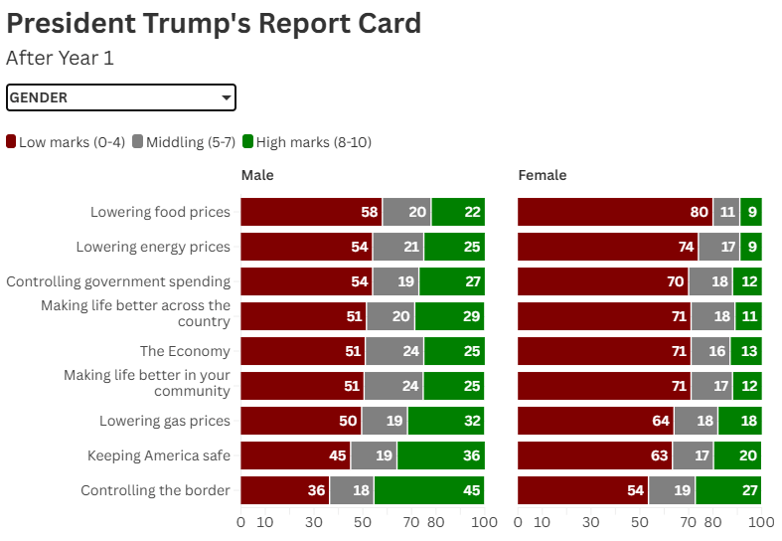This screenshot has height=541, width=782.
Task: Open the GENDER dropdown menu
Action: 120,97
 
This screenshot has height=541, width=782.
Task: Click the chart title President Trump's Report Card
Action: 214,23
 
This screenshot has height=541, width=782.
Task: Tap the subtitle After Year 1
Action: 60,58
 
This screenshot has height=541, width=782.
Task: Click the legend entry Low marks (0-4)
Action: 65,142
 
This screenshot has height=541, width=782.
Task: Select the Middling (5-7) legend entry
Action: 184,142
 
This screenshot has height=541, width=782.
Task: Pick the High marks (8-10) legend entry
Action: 307,142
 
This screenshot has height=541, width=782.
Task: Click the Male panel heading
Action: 257,175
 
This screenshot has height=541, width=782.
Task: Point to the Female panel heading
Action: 543,175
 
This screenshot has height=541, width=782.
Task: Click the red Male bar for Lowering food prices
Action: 311,212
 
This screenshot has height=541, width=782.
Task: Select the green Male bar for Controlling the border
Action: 429,490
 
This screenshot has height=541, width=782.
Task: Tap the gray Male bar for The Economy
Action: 394,351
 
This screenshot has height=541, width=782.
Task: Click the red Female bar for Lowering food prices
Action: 615,212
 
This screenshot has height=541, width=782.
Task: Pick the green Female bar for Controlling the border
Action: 728,490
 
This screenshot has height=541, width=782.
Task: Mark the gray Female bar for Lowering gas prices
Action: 696,421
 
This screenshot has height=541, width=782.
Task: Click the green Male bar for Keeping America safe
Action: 440,455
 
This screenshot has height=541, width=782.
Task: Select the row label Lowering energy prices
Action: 153,247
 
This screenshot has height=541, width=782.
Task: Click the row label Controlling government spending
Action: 118,281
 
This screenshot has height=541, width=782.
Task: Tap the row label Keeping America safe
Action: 159,455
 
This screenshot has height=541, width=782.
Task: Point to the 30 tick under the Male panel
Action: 314,522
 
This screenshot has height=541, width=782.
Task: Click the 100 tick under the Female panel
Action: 760,522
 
